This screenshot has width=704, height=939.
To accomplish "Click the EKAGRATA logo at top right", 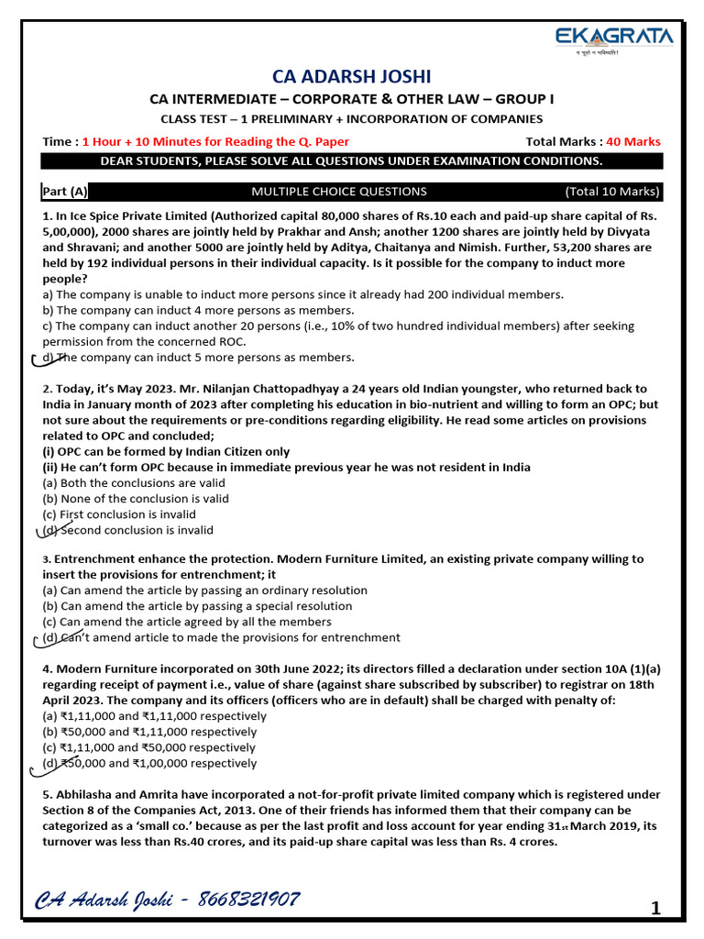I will [x=614, y=39].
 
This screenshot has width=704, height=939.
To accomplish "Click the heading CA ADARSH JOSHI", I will [x=352, y=76].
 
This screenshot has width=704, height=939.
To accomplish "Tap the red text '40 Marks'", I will [x=632, y=142].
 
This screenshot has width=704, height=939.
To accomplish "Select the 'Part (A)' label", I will [x=65, y=192].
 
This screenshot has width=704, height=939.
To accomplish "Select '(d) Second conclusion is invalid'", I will [x=128, y=530].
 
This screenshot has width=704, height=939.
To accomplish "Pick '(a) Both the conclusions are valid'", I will [x=134, y=483].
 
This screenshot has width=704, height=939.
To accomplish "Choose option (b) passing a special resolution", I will [x=197, y=606].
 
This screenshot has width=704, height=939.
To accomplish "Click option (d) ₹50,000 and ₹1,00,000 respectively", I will [x=150, y=763].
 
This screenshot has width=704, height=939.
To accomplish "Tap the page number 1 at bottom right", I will [x=655, y=909].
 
